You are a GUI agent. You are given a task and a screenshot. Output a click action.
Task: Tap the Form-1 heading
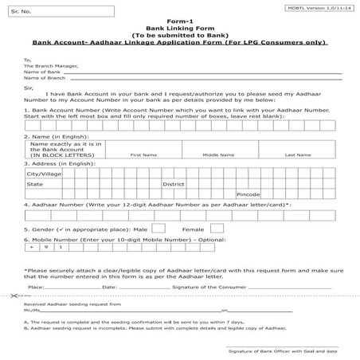click(x=181, y=22)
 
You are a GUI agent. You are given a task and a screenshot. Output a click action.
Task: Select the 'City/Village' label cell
click(x=45, y=173)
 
